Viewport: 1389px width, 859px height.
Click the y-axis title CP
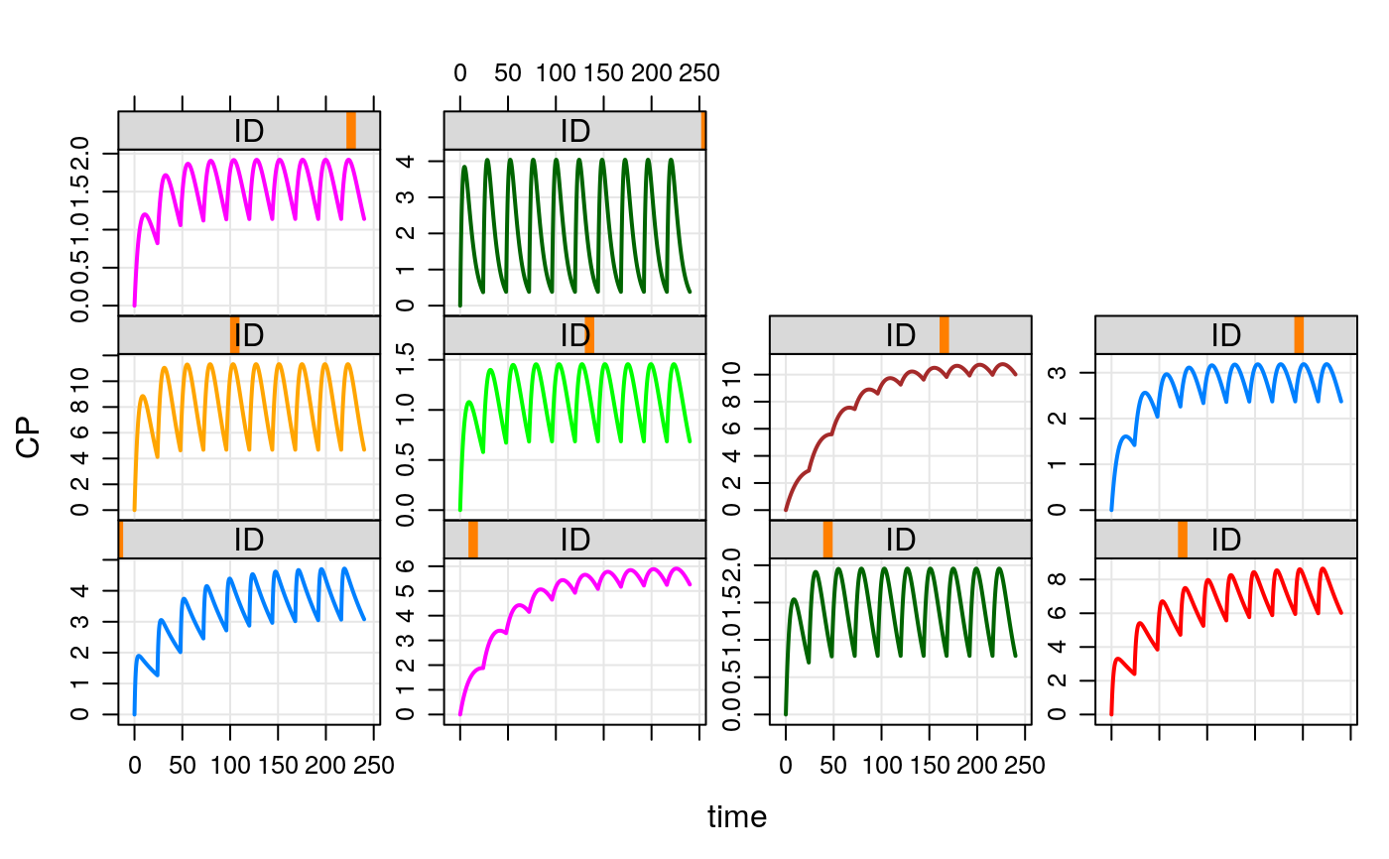coord(29,436)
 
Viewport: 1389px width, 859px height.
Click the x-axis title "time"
coord(736,817)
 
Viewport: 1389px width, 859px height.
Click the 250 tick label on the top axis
coord(700,73)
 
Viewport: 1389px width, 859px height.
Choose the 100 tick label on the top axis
coord(556,73)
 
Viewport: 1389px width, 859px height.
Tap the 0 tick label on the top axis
coord(460,73)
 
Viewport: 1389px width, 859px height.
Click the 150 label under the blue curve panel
coord(278,765)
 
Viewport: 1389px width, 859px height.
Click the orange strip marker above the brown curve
coord(944,334)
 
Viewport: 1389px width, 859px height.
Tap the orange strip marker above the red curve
coord(1183,540)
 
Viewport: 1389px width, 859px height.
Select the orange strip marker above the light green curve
coord(589,334)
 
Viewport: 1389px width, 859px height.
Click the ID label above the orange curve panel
coord(249,334)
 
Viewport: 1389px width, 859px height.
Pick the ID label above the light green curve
coord(575,334)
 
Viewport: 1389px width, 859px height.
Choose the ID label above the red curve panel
coord(1226,540)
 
